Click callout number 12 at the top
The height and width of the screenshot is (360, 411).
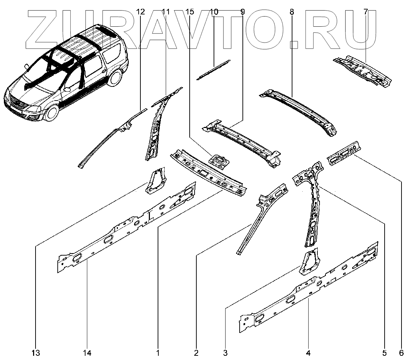tap(140, 12)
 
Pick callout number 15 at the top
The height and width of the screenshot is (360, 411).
tap(189, 12)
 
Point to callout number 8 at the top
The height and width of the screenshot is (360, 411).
tap(292, 12)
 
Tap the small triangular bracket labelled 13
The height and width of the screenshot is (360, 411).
tap(155, 180)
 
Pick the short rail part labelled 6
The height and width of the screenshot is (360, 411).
tap(343, 153)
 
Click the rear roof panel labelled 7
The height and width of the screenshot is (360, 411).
tap(362, 70)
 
